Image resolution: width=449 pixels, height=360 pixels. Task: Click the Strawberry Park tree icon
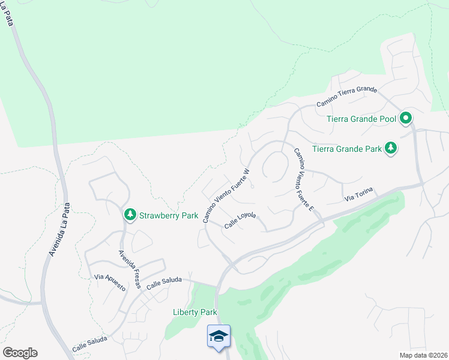130,214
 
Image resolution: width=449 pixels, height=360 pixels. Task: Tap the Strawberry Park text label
169,215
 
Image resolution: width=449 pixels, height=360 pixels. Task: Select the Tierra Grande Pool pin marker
406,118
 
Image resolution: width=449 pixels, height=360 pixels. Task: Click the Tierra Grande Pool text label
361,119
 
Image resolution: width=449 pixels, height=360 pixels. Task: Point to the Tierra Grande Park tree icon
391,148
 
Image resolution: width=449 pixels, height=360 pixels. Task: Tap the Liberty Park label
194,312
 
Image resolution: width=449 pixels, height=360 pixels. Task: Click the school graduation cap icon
218,337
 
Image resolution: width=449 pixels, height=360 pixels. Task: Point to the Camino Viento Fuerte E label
303,179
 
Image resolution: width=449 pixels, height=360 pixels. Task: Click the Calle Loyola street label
241,224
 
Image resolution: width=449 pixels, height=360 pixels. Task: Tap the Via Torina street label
358,194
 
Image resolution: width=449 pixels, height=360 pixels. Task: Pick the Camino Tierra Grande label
346,97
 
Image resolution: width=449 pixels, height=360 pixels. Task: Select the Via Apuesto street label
110,283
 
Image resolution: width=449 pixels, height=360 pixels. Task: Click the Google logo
20,353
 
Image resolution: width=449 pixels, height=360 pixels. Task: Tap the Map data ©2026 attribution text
423,355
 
